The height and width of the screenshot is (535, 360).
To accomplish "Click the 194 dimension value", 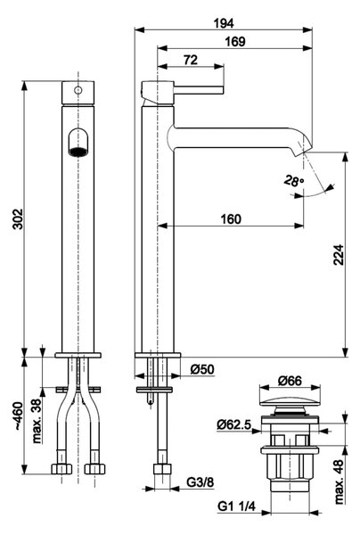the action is (x=224, y=23).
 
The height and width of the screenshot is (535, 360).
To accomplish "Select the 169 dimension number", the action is (x=235, y=42).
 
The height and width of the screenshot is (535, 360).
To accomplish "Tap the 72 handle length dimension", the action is (x=191, y=60).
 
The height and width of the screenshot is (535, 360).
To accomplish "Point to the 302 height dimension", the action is (x=17, y=218).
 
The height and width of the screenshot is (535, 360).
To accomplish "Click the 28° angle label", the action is (x=293, y=181).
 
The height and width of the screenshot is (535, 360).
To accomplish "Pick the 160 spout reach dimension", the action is (x=231, y=218).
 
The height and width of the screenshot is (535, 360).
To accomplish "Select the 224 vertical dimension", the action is (x=339, y=254).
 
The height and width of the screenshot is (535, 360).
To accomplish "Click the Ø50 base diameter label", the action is (x=202, y=369).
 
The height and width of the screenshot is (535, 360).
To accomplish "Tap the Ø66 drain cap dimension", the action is (x=290, y=381).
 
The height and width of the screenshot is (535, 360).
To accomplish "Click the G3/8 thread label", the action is (x=200, y=482).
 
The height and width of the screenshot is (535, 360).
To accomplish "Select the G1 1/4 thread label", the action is (x=236, y=506).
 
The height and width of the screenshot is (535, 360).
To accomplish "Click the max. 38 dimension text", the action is (x=37, y=420).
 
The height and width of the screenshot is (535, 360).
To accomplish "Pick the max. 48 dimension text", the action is (x=339, y=481).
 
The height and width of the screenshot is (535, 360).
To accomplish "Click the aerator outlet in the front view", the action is (x=78, y=152).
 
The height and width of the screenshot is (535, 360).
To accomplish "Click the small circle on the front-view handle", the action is (x=78, y=90).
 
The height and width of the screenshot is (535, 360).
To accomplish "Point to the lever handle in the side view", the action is (x=199, y=90).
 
